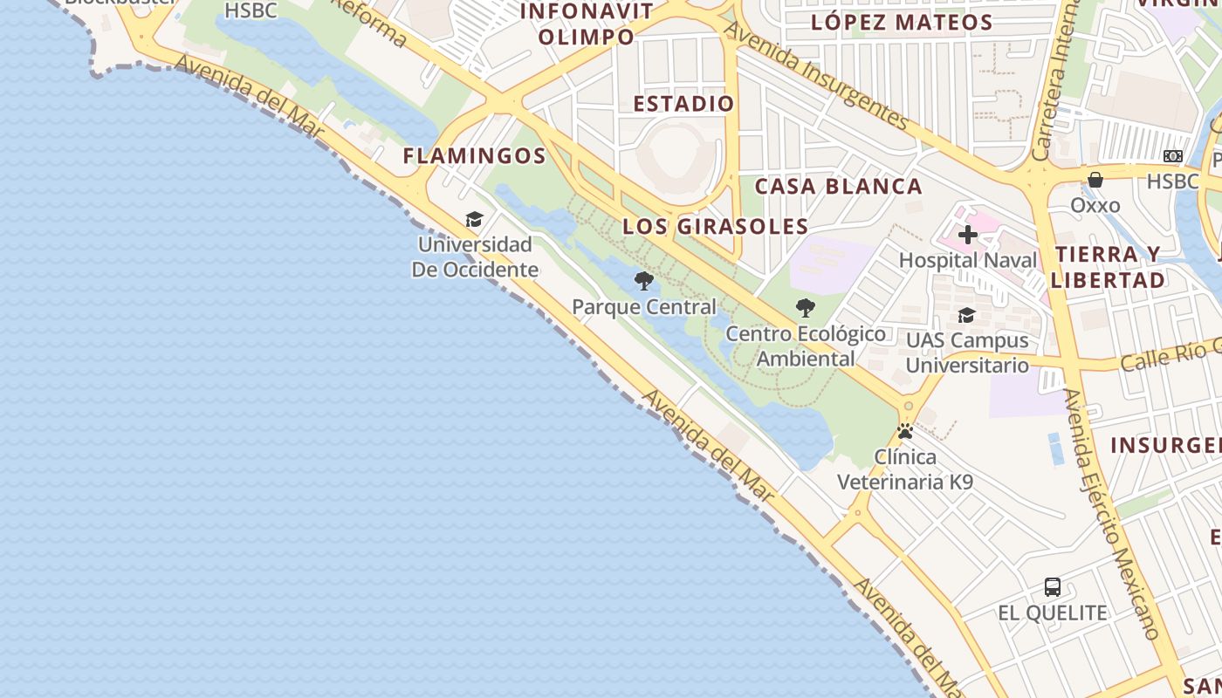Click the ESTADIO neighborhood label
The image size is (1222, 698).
click(x=683, y=104)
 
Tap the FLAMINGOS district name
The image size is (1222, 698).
click(x=474, y=156)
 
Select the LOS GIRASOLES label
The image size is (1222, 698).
click(x=716, y=227)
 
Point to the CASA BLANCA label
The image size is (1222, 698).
click(x=838, y=186)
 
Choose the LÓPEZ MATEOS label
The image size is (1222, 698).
click(x=902, y=23)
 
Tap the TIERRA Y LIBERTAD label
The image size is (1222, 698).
click(x=1109, y=267)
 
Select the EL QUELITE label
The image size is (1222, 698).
click(x=1053, y=612)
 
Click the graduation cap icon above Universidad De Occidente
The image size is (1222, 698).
click(x=474, y=219)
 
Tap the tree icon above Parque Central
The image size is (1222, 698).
click(x=644, y=281)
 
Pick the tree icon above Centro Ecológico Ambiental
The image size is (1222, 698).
click(x=805, y=308)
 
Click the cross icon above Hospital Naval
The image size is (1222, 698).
click(x=967, y=235)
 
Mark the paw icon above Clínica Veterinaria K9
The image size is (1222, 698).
click(x=905, y=431)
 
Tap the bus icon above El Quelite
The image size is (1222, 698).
click(x=1053, y=587)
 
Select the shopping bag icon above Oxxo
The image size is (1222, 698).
click(x=1095, y=180)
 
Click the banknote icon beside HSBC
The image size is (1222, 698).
click(x=1172, y=156)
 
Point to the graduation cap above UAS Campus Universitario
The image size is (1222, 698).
click(x=966, y=315)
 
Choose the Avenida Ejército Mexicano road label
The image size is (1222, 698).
click(x=1112, y=515)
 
